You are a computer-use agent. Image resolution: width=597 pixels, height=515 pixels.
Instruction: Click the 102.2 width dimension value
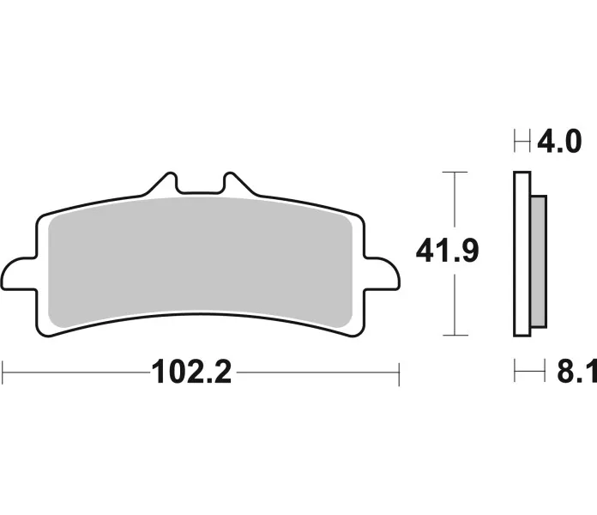[x=191, y=373]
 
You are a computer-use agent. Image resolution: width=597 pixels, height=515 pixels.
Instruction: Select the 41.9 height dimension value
[x=447, y=251]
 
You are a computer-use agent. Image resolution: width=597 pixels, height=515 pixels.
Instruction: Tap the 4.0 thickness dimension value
[x=559, y=141]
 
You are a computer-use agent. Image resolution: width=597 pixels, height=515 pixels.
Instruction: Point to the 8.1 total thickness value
[x=576, y=372]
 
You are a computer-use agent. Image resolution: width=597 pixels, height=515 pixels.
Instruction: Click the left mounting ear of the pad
[x=20, y=274]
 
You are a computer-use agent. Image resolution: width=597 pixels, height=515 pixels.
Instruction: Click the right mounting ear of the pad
[x=382, y=274]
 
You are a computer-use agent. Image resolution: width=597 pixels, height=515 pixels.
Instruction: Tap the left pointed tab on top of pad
[x=163, y=184]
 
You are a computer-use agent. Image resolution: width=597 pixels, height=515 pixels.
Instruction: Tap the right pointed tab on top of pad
[x=238, y=184]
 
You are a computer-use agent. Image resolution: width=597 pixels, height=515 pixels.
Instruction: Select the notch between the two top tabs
[x=200, y=186]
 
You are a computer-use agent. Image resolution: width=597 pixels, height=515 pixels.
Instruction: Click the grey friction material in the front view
[x=200, y=263]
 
